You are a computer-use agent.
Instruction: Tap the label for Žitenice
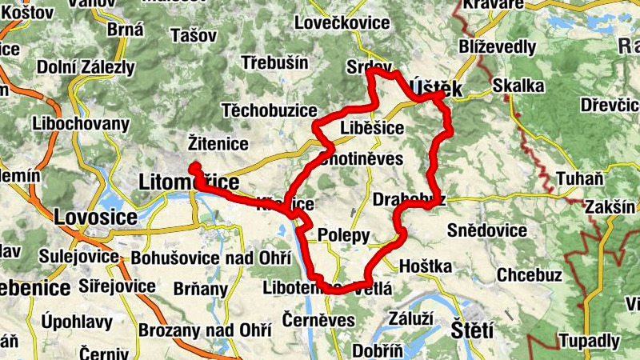218,143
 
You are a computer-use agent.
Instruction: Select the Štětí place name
472,329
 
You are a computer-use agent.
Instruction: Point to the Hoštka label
425,266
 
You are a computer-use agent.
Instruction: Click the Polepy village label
344,235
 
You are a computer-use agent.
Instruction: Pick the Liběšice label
372,128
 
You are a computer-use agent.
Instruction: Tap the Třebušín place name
275,62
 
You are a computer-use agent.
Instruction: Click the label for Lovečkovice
342,22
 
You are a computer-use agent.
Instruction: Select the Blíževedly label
498,47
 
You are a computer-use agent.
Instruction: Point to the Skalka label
518,85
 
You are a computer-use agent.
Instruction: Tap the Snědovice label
487,231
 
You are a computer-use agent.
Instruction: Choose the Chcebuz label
530,274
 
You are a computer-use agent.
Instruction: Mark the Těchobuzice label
264,109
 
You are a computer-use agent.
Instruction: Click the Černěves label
318,320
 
